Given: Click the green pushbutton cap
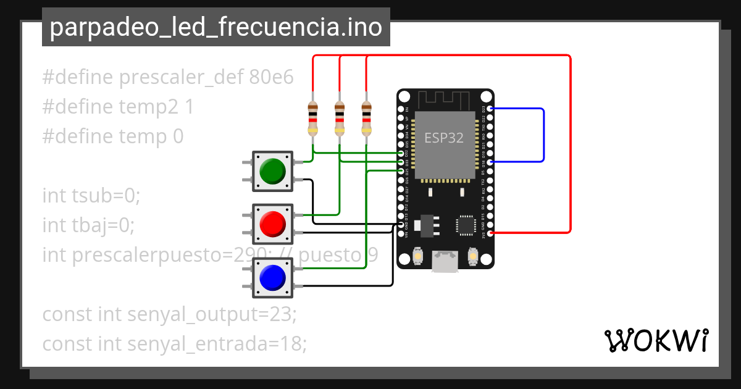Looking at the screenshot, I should [x=272, y=170].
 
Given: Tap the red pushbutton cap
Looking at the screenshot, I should [x=272, y=224].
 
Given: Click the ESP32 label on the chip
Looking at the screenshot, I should [x=443, y=138].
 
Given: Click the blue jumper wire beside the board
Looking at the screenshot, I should [x=543, y=135].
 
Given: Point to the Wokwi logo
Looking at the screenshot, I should [x=656, y=340].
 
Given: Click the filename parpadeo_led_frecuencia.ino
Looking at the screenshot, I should [x=216, y=28].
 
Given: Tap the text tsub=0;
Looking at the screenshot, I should [x=103, y=196].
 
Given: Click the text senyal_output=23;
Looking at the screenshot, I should [x=212, y=314].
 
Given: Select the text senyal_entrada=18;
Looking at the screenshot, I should [x=217, y=344].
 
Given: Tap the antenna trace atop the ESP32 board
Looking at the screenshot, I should [x=445, y=99].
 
